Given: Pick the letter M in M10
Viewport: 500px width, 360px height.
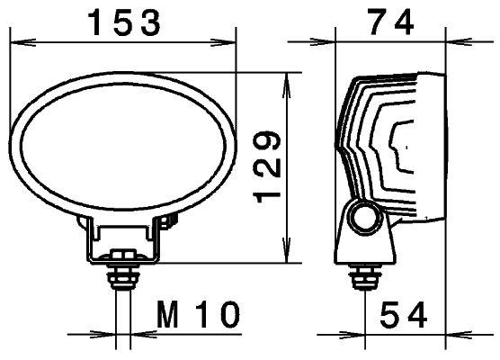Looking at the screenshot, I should tap(168, 315).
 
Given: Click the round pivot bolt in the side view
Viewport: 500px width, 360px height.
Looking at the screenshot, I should tap(365, 217).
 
